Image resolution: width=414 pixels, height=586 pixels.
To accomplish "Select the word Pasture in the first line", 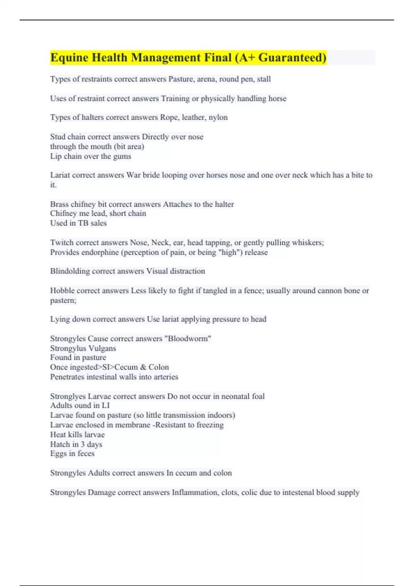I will point(181,79).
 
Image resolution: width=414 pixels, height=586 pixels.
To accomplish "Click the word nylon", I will point(218,117).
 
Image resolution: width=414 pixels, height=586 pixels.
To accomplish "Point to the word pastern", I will point(63,300).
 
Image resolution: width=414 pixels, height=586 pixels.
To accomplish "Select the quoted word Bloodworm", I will point(188,339).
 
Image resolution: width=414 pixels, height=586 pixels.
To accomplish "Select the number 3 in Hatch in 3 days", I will point(83,444).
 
